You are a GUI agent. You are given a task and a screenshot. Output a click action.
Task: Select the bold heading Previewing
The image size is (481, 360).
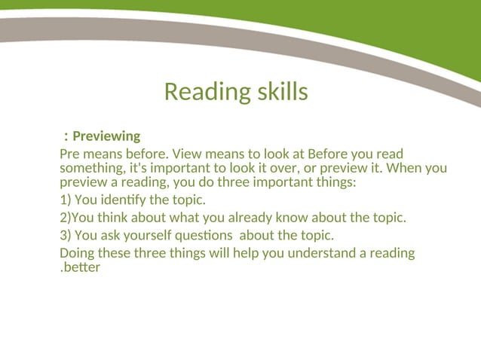pyautogui.click(x=106, y=136)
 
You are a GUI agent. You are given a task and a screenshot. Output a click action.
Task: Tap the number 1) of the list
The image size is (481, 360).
pyautogui.click(x=65, y=200)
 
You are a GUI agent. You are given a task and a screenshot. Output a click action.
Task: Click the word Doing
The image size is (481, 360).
pyautogui.click(x=77, y=252)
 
